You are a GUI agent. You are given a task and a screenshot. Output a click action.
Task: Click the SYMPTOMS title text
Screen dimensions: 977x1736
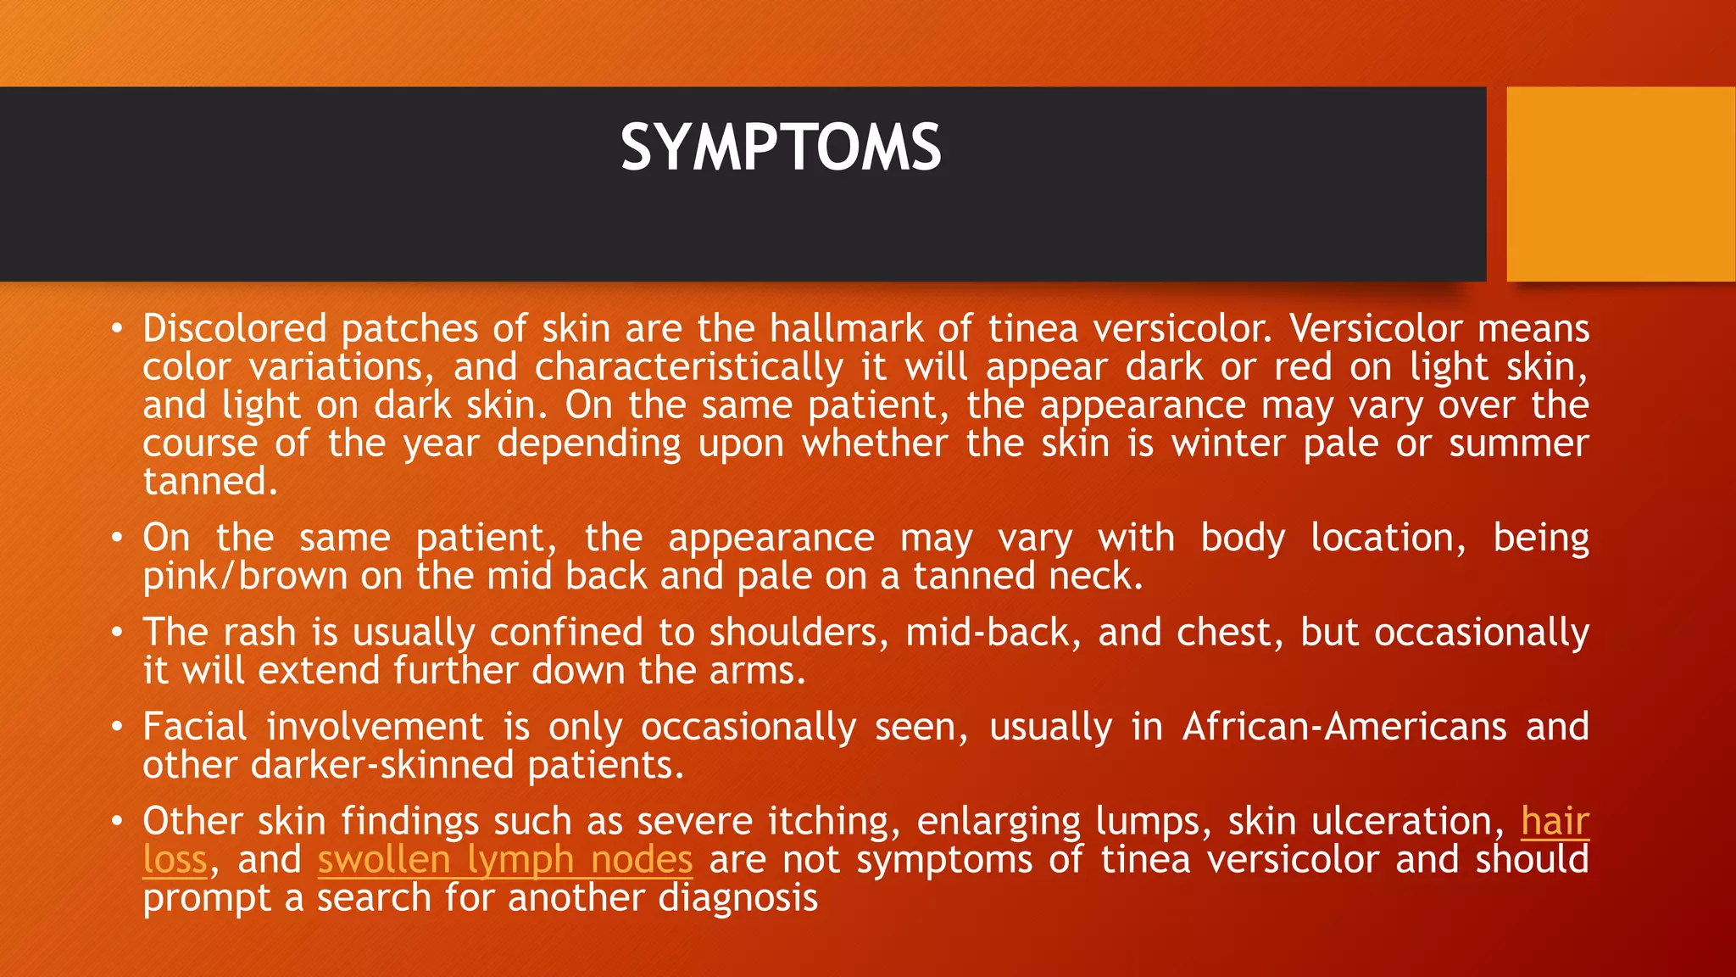tap(781, 148)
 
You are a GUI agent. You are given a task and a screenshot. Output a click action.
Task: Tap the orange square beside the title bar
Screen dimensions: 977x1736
tap(1620, 184)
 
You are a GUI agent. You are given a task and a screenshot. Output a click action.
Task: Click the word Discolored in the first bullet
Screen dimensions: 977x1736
tap(234, 329)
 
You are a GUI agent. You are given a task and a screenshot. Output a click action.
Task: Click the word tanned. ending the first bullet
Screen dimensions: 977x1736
tap(209, 482)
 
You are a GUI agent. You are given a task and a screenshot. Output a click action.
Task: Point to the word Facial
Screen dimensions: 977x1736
tap(195, 727)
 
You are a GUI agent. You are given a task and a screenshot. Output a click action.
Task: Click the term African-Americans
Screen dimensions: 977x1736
tap(1344, 727)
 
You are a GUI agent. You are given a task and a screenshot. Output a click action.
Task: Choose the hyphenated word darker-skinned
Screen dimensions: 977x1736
tap(381, 765)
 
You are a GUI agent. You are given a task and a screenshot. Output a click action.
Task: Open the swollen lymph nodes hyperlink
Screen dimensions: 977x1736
tap(505, 860)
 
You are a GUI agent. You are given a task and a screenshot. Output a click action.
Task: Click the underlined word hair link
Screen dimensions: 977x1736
tap(1554, 821)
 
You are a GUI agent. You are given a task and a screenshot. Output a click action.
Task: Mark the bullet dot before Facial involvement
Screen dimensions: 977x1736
tap(118, 727)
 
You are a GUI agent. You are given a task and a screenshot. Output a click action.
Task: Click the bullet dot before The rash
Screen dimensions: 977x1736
tap(118, 633)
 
